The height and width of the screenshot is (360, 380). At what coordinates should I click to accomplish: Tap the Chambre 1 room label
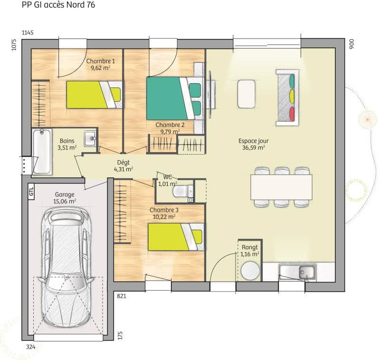tap(100, 61)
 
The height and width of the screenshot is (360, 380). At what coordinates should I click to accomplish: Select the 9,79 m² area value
tap(170, 132)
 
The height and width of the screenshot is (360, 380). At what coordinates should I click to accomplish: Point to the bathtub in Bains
tap(41, 151)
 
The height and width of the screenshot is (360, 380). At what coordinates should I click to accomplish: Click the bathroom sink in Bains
tap(90, 139)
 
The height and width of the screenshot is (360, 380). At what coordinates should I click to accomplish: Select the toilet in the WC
tap(181, 191)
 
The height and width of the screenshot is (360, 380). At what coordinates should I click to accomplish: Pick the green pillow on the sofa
tap(292, 80)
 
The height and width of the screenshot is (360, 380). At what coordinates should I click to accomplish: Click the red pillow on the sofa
tap(292, 114)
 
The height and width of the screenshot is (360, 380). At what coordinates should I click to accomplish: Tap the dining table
tap(281, 187)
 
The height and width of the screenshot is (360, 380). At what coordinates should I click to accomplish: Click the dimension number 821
tap(122, 296)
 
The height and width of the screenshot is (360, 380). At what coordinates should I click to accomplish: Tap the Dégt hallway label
tap(123, 162)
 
